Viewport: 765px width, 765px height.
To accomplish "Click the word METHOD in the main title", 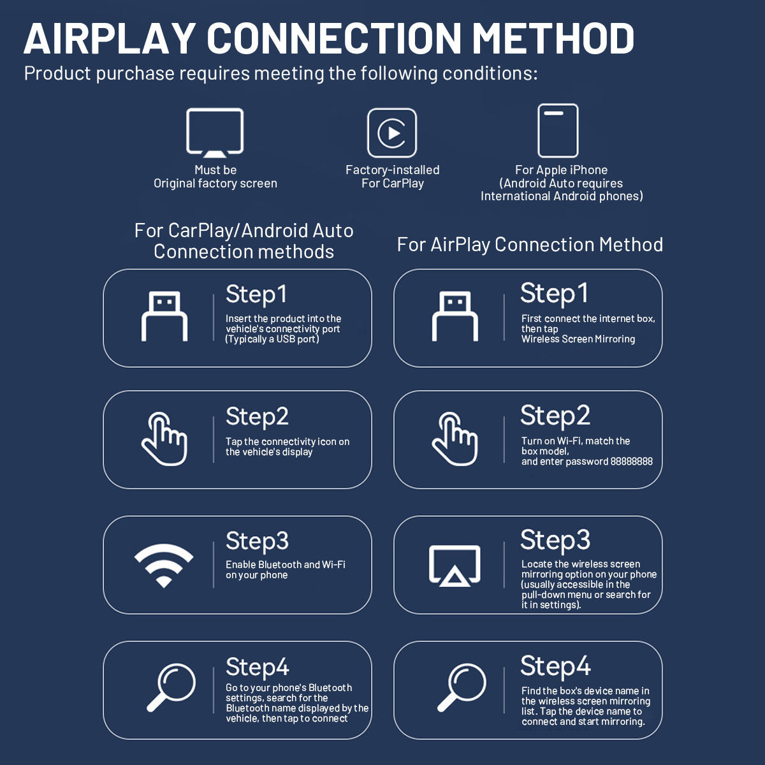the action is (553, 38).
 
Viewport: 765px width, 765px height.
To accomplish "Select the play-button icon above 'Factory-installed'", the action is (392, 133).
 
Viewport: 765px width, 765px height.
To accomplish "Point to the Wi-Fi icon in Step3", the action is (164, 565).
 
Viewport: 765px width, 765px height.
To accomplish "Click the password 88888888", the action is (631, 462).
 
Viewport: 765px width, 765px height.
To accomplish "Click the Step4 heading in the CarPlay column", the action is (258, 667).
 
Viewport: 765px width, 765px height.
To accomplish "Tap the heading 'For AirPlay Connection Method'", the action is (530, 245).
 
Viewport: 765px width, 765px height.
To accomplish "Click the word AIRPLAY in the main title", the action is (110, 38).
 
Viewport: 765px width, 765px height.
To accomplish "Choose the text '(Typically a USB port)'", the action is (272, 339).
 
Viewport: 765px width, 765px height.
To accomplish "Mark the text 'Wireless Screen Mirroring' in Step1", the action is (578, 339).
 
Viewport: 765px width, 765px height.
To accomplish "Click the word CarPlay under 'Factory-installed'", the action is (404, 184).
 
